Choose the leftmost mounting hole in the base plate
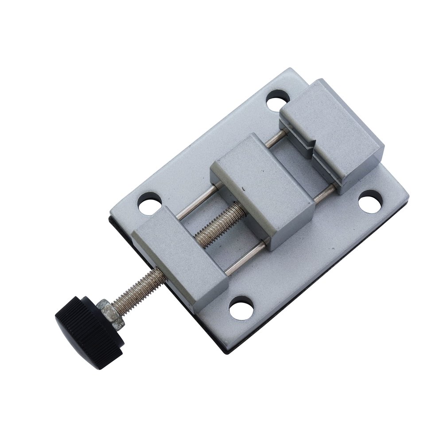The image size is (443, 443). (149, 203)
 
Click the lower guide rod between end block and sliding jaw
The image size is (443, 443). (246, 257)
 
